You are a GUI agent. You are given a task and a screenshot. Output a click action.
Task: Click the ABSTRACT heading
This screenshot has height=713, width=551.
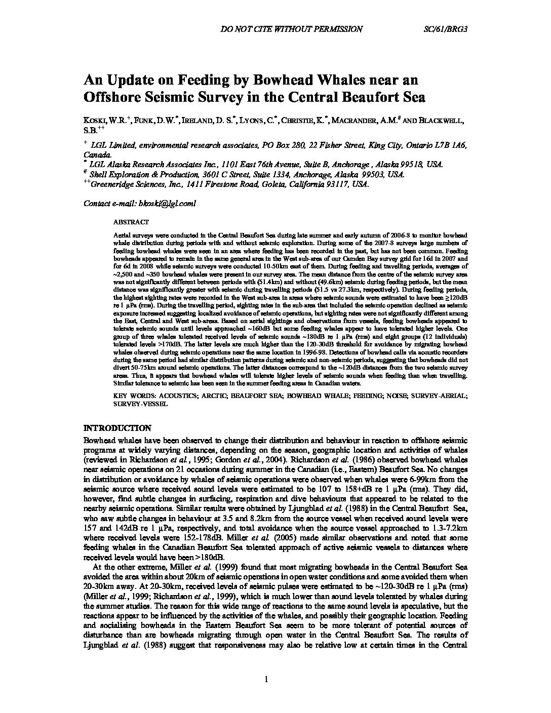coord(131,222)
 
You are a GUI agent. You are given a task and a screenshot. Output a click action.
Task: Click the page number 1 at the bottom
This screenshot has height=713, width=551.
coord(265,680)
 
